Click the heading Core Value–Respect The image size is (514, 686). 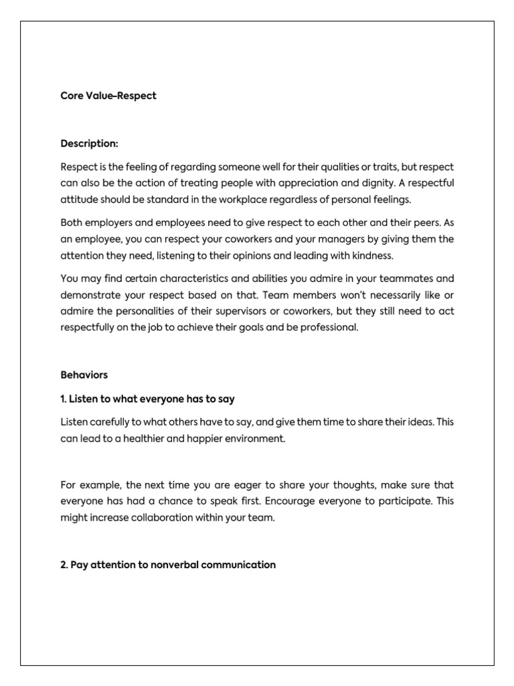pyautogui.click(x=108, y=96)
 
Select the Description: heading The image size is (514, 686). pyautogui.click(x=89, y=143)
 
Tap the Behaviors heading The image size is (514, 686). pyautogui.click(x=84, y=375)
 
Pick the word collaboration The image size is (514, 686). pyautogui.click(x=154, y=519)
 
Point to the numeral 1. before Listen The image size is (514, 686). pyautogui.click(x=64, y=399)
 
